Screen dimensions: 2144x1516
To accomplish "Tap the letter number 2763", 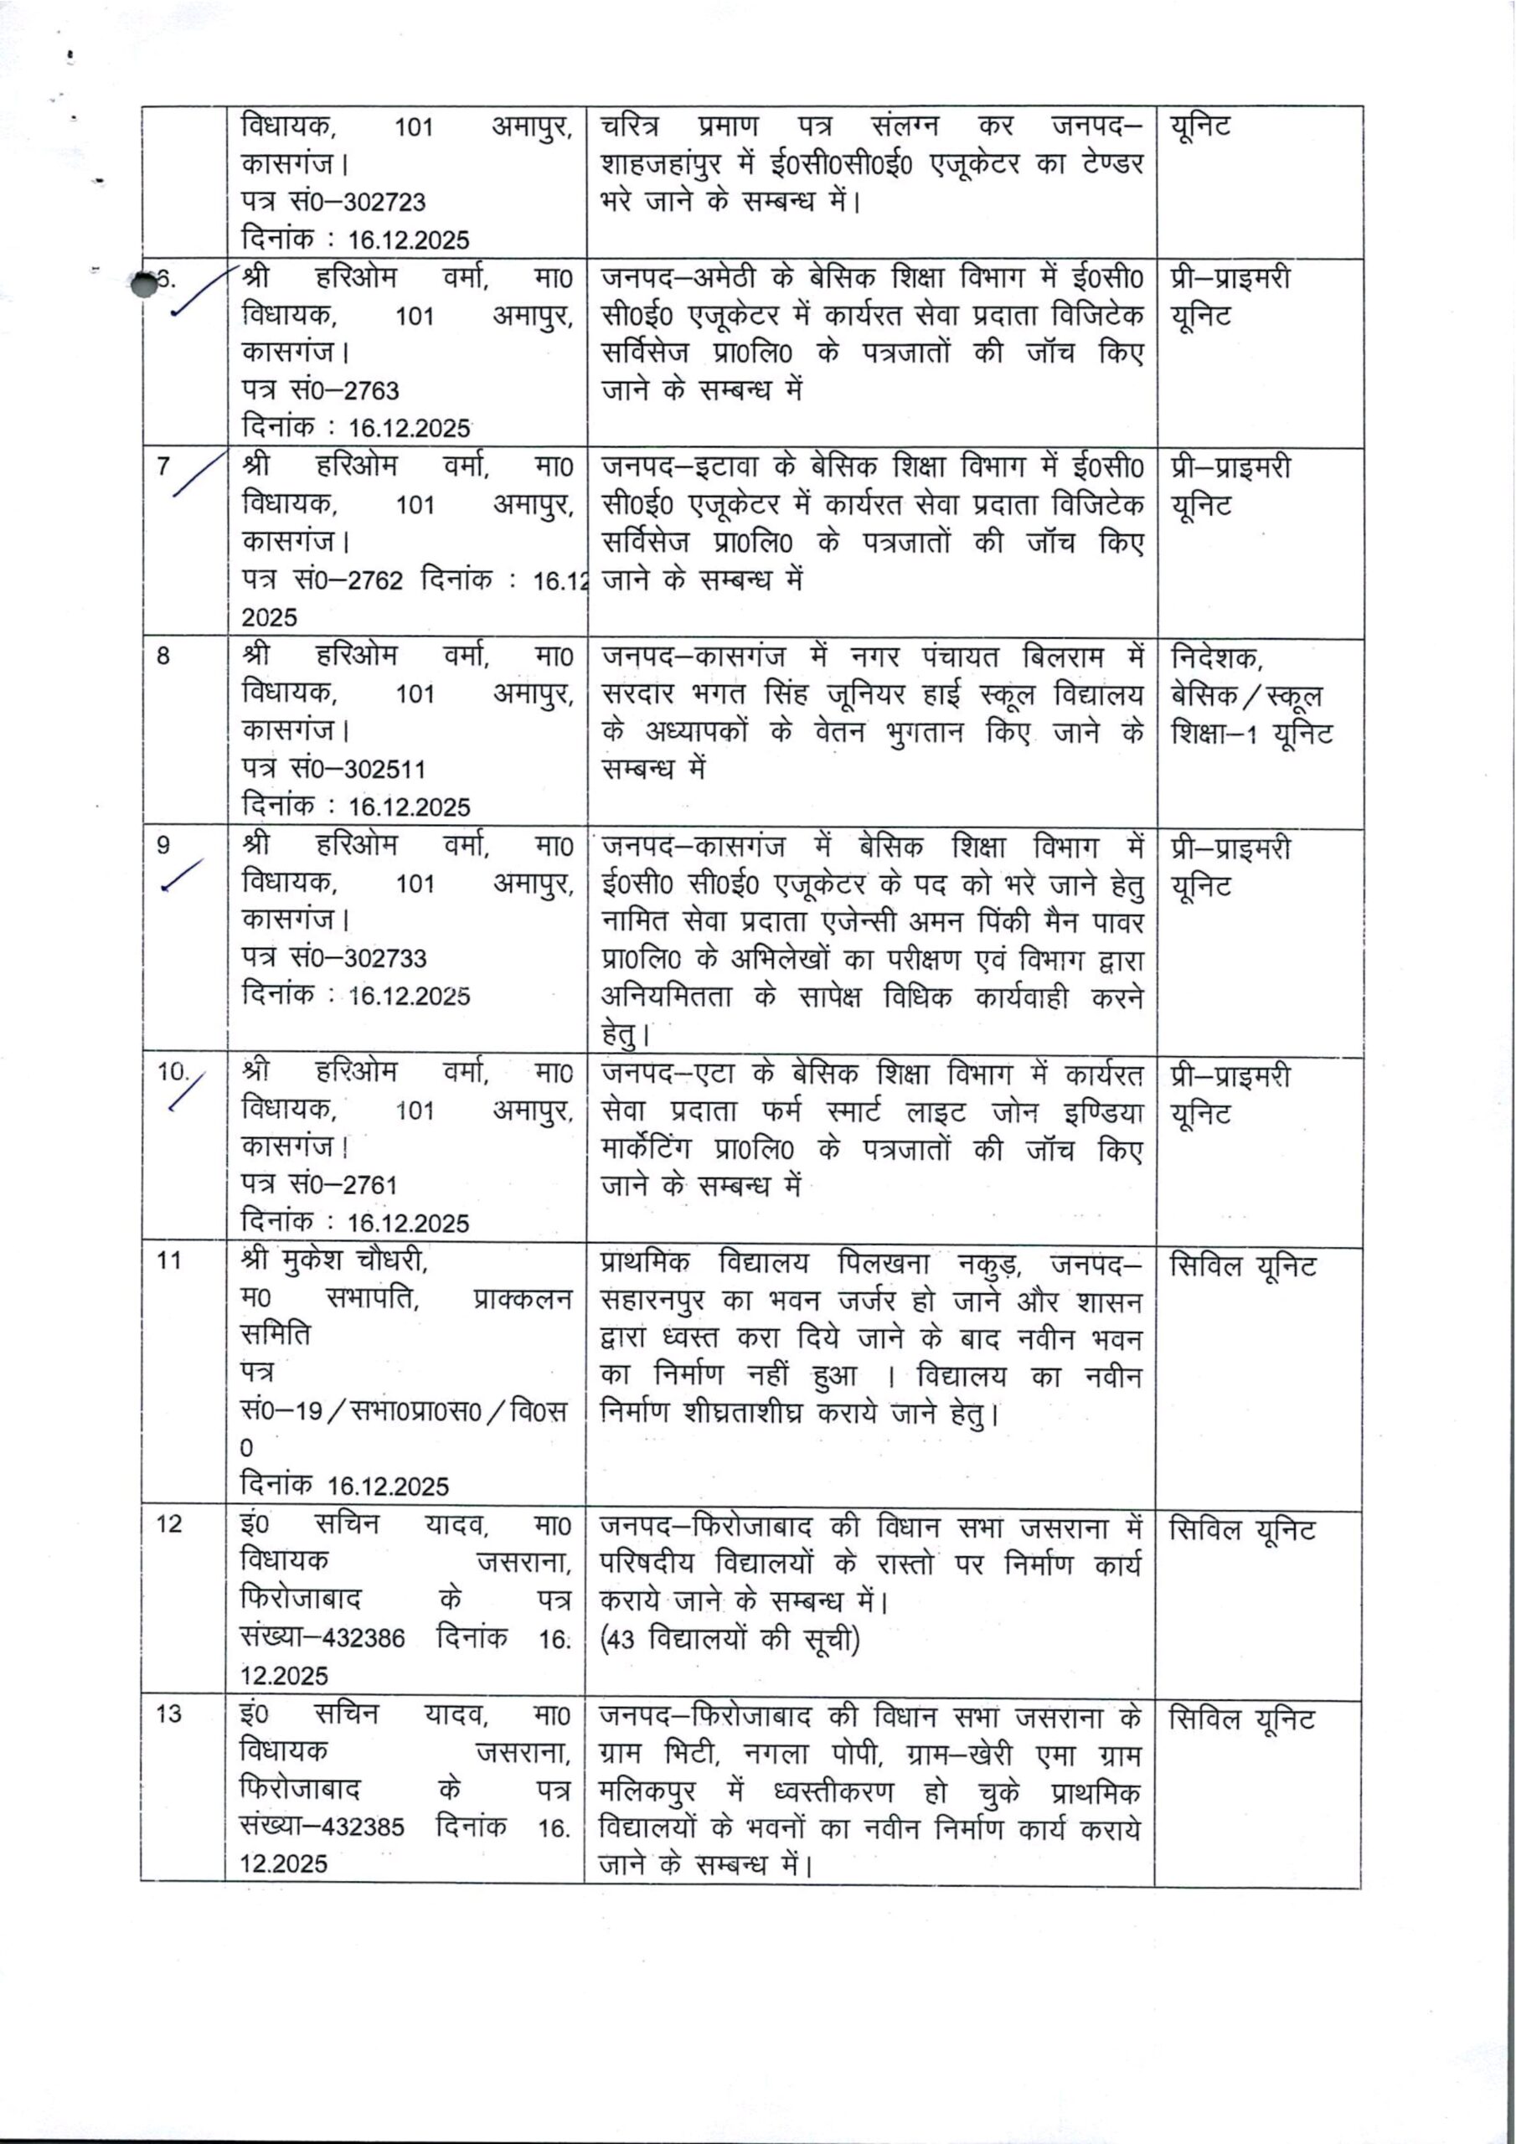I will tap(371, 390).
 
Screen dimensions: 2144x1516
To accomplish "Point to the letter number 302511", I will tap(384, 769).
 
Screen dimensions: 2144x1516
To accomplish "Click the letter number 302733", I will tap(384, 958).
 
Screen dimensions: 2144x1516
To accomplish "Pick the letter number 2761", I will tap(370, 1185).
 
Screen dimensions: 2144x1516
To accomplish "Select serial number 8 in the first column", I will tap(163, 657).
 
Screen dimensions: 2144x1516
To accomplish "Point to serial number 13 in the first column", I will tap(169, 1714).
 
